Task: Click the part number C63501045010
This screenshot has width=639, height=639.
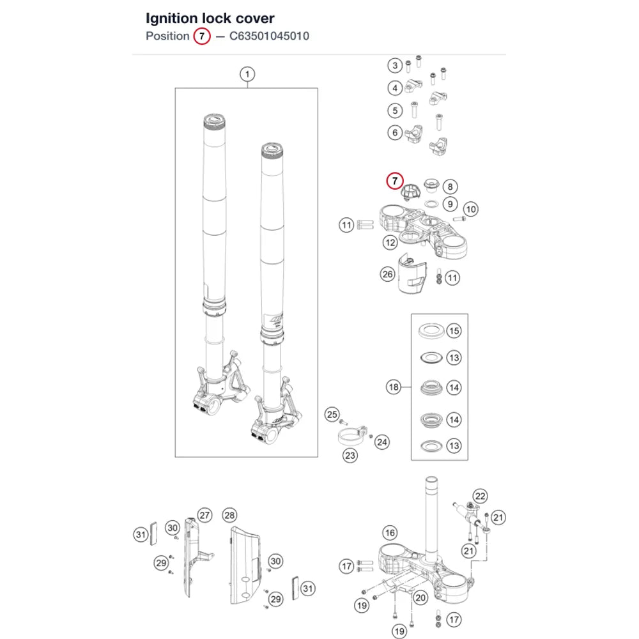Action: (x=269, y=36)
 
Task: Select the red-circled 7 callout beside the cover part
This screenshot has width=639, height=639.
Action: (x=394, y=181)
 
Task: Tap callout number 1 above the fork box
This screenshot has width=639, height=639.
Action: (x=247, y=74)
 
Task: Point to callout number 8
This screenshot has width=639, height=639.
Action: (x=450, y=187)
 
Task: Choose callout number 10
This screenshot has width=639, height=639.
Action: (x=471, y=209)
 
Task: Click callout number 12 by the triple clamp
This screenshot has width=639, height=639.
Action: (x=390, y=243)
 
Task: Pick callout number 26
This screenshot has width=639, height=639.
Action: (x=388, y=274)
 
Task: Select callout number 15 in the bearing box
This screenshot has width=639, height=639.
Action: (x=454, y=331)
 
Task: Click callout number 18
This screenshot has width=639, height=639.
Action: (x=394, y=387)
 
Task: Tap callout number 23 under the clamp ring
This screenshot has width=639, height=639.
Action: (x=350, y=455)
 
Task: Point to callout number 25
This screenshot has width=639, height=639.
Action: (x=332, y=415)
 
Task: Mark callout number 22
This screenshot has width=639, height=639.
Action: (x=481, y=496)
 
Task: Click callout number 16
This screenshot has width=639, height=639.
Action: (x=390, y=533)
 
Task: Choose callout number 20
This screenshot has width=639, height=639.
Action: (x=420, y=598)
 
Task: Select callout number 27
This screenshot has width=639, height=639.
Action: (x=204, y=515)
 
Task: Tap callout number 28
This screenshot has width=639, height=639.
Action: (x=229, y=515)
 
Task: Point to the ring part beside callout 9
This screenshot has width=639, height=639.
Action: (x=431, y=203)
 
